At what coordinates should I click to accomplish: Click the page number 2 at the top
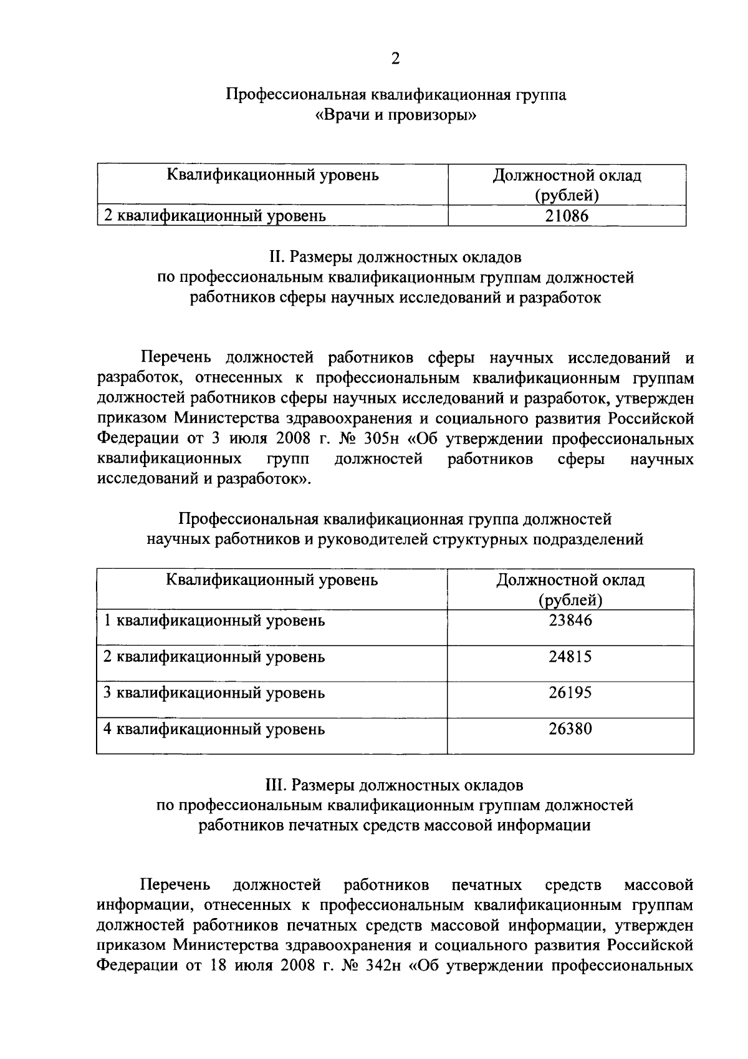(x=395, y=59)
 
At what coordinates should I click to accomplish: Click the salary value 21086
(x=567, y=216)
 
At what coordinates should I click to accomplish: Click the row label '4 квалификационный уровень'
(x=214, y=728)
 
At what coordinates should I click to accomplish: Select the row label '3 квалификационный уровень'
(x=214, y=693)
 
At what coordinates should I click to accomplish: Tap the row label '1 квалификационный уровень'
(x=214, y=621)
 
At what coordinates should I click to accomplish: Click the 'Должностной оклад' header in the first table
(x=567, y=175)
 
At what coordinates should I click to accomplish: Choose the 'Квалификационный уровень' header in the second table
(x=272, y=580)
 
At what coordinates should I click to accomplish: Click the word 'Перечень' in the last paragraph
(x=175, y=885)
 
